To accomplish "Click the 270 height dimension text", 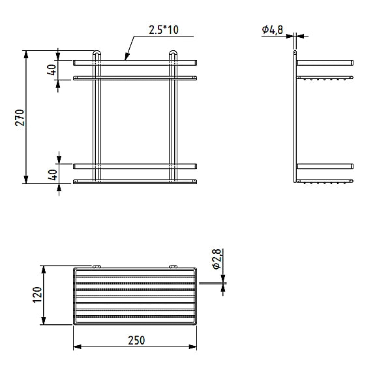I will click(20, 117).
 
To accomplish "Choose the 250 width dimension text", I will click(135, 340).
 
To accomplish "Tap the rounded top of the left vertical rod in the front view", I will click(97, 53).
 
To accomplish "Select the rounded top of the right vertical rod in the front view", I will click(173, 53).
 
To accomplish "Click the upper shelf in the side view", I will click(325, 63).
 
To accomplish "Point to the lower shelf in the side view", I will click(325, 166).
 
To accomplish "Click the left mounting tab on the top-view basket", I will click(97, 266).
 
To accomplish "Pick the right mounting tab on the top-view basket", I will click(173, 266).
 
